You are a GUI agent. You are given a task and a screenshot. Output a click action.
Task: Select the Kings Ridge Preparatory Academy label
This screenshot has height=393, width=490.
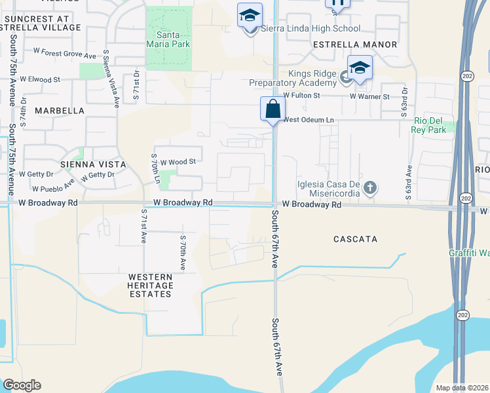pyautogui.click(x=292, y=78)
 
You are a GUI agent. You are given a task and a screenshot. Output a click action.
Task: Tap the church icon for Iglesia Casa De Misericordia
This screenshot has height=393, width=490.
pyautogui.click(x=370, y=189)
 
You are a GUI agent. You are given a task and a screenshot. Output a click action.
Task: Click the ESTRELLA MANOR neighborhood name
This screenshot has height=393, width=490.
pyautogui.click(x=355, y=45)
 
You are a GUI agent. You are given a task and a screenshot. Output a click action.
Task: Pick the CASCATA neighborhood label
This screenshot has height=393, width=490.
pyautogui.click(x=355, y=239)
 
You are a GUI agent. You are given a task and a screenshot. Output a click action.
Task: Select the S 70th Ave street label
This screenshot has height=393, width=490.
pyautogui.click(x=183, y=252)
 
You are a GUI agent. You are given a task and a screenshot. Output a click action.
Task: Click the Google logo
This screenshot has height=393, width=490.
pyautogui.click(x=21, y=385)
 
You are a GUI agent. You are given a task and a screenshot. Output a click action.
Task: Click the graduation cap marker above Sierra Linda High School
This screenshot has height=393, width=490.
pyautogui.click(x=250, y=15)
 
